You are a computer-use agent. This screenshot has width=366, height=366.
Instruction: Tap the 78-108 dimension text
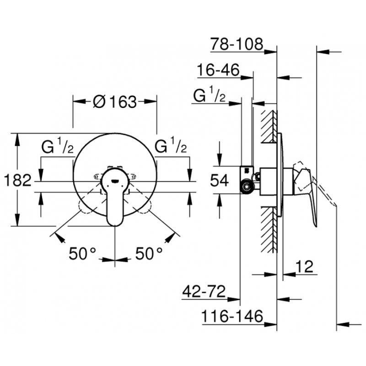(237, 44)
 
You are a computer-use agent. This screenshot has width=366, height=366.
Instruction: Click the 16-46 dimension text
(218, 70)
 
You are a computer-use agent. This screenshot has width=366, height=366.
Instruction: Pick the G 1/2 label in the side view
(209, 97)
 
